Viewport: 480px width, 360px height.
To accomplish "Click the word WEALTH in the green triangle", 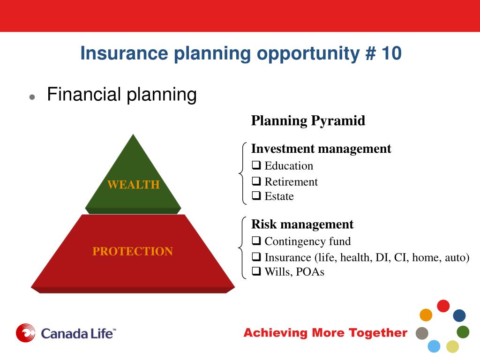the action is click(x=134, y=185).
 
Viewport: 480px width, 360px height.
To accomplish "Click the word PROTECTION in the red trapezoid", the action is click(x=133, y=251).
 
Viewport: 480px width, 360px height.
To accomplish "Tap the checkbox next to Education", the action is click(x=256, y=165).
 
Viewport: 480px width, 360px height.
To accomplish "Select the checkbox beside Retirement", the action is click(x=256, y=181).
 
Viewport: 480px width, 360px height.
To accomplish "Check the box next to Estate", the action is click(x=256, y=195).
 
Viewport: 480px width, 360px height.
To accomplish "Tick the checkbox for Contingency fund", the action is click(x=256, y=241).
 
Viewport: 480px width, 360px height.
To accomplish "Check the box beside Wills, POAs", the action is click(x=256, y=271).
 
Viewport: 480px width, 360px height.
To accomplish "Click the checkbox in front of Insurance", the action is click(x=256, y=257).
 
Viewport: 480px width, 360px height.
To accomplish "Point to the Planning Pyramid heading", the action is click(x=308, y=120).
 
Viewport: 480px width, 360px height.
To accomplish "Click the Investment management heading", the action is click(x=321, y=149).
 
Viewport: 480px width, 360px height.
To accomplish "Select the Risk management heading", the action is click(x=302, y=225).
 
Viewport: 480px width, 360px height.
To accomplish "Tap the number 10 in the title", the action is click(x=391, y=53).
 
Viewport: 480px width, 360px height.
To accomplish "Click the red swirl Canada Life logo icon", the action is click(x=25, y=333).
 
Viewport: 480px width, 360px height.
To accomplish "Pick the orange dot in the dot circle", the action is click(x=426, y=315).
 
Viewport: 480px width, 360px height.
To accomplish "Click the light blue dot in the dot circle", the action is click(x=434, y=346).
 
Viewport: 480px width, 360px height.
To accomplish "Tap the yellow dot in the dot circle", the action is click(x=452, y=346).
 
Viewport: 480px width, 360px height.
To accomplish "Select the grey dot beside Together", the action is click(x=422, y=333).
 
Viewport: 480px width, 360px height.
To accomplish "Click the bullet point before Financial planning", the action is click(x=32, y=97).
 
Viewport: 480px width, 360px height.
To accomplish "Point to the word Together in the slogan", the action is click(x=378, y=332).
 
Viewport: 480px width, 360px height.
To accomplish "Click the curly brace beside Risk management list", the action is click(x=242, y=247).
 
